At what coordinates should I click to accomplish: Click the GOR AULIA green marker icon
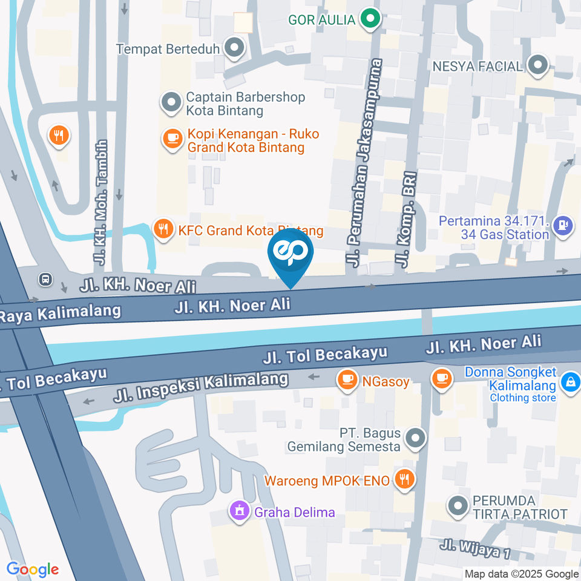pos(369,20)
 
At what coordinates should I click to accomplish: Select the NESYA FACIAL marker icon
pos(537,65)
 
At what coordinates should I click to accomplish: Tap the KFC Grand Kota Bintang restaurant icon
pos(162,229)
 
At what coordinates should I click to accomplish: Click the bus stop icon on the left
pos(45,279)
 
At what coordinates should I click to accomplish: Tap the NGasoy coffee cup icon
pos(347,381)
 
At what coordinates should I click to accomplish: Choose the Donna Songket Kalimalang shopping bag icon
pos(570,381)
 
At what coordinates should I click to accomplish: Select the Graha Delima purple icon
pos(240,511)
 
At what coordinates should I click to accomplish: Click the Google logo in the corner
pos(33,569)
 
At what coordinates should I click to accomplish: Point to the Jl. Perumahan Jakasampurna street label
pos(367,163)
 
